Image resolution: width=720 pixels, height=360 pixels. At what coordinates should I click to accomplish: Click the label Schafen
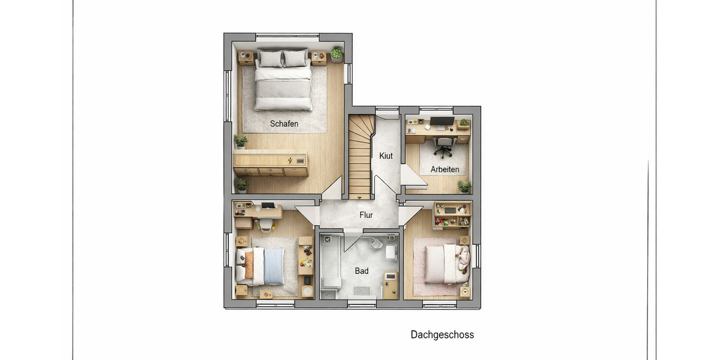(x=284, y=124)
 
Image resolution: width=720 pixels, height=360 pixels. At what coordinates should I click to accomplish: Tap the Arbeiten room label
(x=445, y=169)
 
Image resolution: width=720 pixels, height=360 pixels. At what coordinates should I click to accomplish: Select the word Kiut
(x=386, y=156)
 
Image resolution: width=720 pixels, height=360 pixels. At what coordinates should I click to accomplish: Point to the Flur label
(x=366, y=215)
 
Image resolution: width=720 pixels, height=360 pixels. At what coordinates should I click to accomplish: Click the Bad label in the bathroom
(x=361, y=271)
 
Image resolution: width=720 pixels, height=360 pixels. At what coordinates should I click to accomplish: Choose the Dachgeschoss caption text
(x=442, y=335)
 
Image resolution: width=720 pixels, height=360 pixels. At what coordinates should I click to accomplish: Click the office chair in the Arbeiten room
(x=443, y=145)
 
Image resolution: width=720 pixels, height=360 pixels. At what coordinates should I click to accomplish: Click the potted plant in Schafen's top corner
(x=337, y=53)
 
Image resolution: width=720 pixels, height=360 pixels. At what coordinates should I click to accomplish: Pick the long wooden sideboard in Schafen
(x=270, y=164)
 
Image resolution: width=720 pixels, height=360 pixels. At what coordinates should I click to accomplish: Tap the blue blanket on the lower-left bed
(x=274, y=266)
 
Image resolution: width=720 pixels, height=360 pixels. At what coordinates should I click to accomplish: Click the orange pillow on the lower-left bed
(x=249, y=265)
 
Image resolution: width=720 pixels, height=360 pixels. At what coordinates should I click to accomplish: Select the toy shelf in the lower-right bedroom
(x=451, y=215)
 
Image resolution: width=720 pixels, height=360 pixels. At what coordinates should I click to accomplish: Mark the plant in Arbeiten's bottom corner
(x=463, y=186)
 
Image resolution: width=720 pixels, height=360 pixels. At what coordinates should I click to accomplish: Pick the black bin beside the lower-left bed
(x=307, y=280)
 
